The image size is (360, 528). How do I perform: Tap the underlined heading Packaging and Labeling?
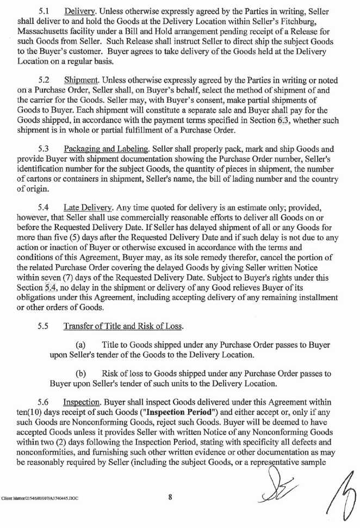point(104,149)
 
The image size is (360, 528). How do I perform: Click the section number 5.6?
point(45,402)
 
